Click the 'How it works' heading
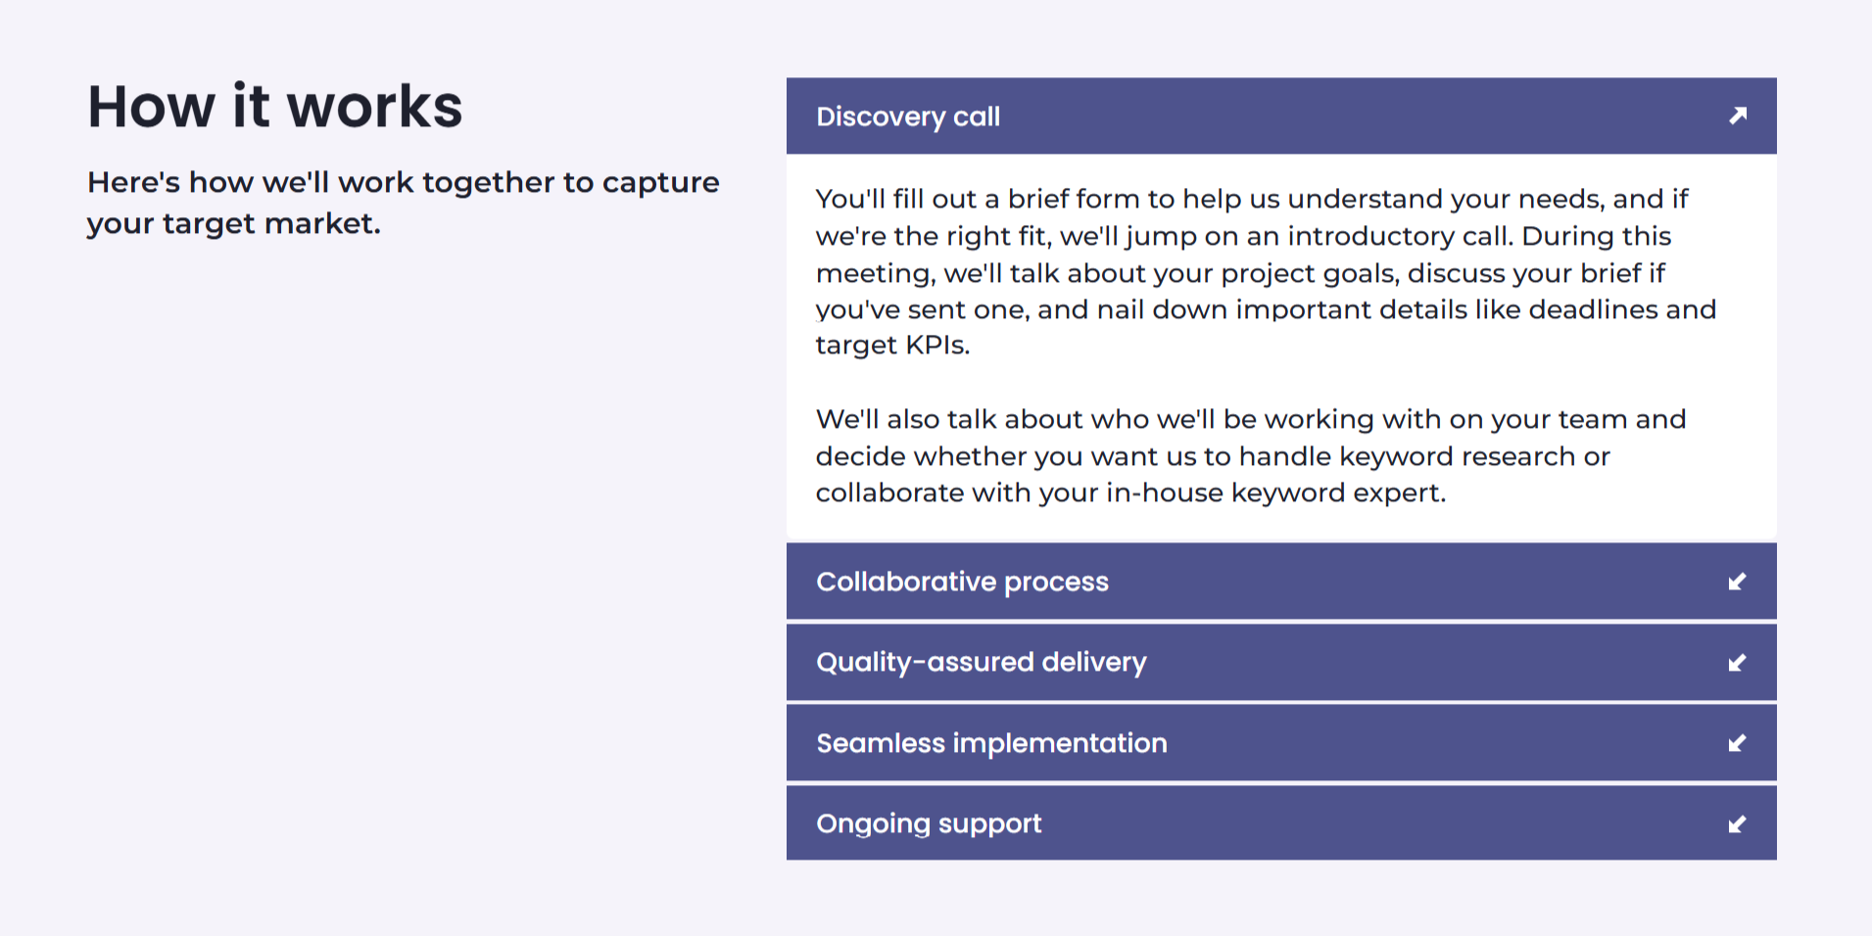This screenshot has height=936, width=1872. [x=274, y=106]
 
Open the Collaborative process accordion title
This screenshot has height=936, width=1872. [x=962, y=582]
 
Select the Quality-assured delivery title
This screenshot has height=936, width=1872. [x=982, y=663]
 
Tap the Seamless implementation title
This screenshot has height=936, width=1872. [x=991, y=743]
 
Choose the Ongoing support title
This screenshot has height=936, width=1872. [x=929, y=824]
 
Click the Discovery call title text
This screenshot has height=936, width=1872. [x=908, y=117]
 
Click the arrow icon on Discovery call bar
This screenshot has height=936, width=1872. [x=1738, y=116]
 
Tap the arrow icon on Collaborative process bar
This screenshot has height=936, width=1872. [x=1738, y=582]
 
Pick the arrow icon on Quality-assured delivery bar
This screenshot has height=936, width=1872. [x=1738, y=663]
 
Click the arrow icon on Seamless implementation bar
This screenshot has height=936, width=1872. [x=1738, y=743]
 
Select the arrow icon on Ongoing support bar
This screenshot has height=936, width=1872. [x=1738, y=824]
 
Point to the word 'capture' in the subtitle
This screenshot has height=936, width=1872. [x=660, y=183]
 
